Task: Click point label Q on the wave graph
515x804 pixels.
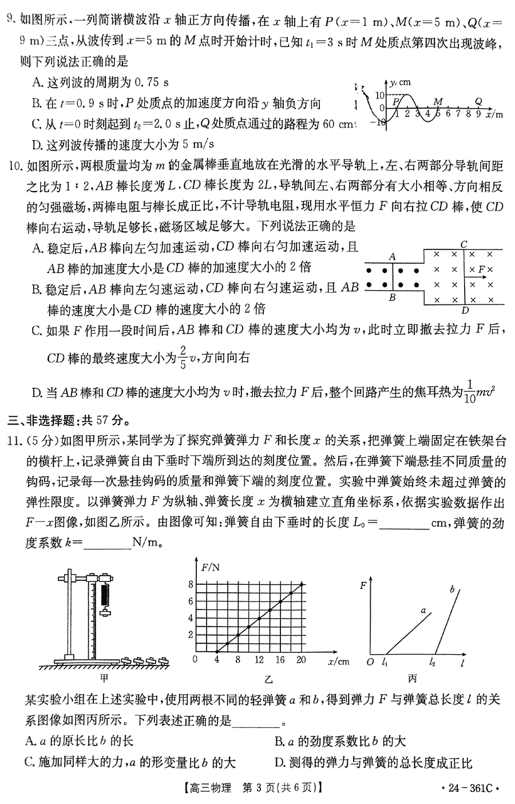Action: click(x=478, y=101)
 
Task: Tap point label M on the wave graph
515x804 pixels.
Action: click(x=438, y=101)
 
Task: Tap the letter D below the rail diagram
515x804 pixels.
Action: click(x=465, y=311)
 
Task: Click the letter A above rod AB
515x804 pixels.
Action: click(x=393, y=257)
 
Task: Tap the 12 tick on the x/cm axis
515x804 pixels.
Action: click(x=259, y=659)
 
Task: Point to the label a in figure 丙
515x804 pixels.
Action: click(x=423, y=611)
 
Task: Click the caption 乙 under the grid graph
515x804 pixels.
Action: click(x=269, y=678)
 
